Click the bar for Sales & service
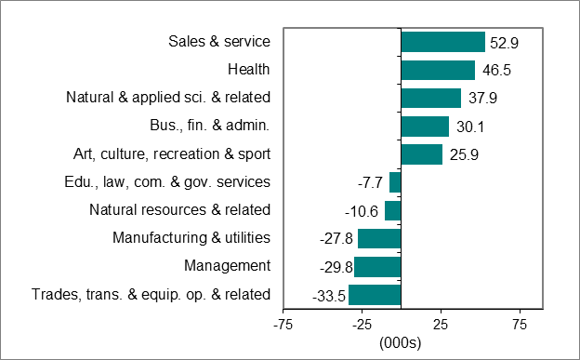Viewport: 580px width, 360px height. click(x=442, y=42)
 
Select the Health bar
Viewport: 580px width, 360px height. click(x=438, y=70)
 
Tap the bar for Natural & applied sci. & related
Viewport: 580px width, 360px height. click(x=430, y=98)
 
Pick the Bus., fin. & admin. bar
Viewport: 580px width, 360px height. click(x=425, y=127)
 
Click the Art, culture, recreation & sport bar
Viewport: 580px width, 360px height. click(x=421, y=154)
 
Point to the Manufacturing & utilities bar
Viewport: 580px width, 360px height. click(x=379, y=239)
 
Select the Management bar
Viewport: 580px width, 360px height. click(x=377, y=267)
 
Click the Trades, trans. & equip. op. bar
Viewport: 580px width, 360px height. click(x=375, y=296)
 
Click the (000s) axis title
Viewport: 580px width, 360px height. click(x=401, y=342)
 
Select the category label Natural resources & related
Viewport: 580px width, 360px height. click(x=180, y=210)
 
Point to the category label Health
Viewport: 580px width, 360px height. click(x=248, y=69)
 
